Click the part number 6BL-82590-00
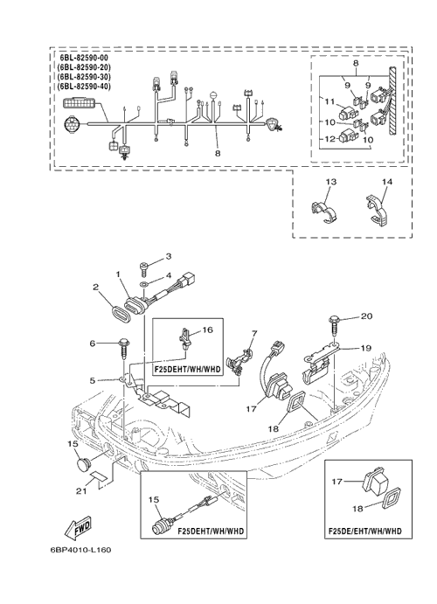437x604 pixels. point(84,58)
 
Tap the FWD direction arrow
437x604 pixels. point(79,527)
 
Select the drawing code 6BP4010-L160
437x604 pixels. point(80,550)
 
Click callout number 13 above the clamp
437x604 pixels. point(330,181)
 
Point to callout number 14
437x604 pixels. point(387,181)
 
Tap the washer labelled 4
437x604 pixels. point(143,285)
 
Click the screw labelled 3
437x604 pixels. point(143,269)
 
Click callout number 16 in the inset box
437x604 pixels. point(207,330)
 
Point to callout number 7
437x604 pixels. point(254,333)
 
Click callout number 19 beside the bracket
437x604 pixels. point(366,348)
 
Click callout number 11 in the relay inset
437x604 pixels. point(329,101)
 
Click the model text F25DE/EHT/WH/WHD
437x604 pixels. point(364,531)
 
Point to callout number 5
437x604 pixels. point(93,380)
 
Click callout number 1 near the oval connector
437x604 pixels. point(118,274)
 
